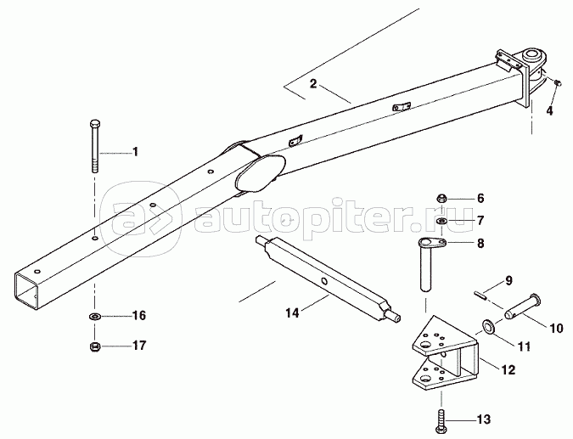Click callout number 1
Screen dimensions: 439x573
133,153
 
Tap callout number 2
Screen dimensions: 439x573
312,83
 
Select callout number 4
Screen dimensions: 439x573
549,110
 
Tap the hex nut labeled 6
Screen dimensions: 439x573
442,199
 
